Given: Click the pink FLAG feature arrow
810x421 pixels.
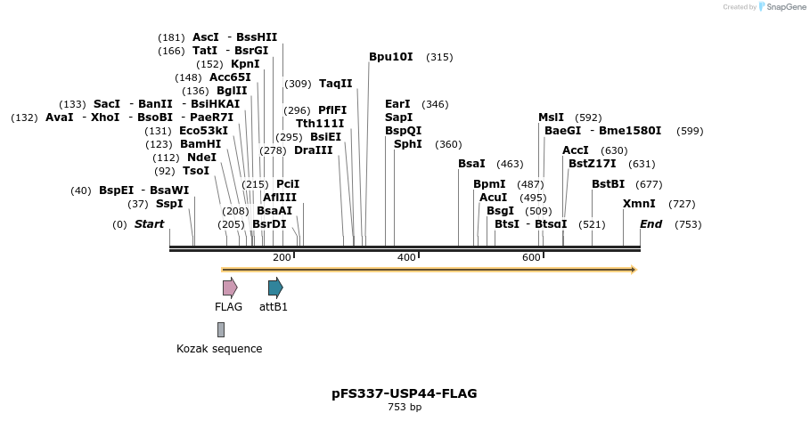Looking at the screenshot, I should (230, 287).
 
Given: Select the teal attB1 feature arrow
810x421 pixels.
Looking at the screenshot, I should (275, 287).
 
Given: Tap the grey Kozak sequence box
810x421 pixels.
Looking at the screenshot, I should (221, 329).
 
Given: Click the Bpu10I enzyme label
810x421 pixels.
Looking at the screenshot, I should (391, 57).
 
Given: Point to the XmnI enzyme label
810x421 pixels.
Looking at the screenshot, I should (639, 204).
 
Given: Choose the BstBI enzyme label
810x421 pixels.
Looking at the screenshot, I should (609, 184).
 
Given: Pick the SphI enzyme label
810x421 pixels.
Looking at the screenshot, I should (408, 144).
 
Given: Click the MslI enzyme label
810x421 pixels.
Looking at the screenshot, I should (551, 117).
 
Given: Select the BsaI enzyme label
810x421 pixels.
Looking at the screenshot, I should (471, 164).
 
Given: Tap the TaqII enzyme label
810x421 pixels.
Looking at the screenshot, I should (336, 84).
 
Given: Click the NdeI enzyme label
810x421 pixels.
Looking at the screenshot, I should (201, 158).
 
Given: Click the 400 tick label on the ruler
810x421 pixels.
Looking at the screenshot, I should (406, 257).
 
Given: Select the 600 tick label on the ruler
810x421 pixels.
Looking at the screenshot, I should (531, 257).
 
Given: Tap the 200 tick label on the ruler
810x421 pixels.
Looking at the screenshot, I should (282, 257).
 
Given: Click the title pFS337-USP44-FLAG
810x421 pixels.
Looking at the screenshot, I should (405, 393).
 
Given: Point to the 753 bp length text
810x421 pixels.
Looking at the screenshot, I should (405, 408).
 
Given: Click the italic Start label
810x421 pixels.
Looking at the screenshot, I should (149, 224).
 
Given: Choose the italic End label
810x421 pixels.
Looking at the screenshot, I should (650, 224).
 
